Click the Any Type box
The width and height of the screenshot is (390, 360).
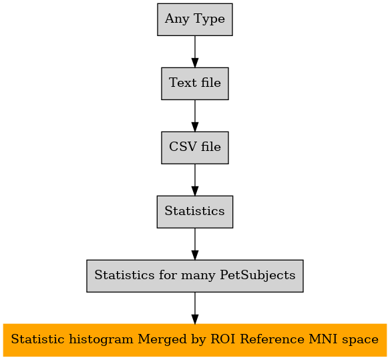click(195, 19)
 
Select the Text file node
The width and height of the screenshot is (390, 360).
click(195, 83)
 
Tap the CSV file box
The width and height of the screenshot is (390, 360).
click(195, 148)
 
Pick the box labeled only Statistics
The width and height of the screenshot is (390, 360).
click(195, 212)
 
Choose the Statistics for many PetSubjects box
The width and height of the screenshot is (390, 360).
click(195, 276)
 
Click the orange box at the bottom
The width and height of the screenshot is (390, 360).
click(195, 340)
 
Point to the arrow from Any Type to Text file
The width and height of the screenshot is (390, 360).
click(195, 51)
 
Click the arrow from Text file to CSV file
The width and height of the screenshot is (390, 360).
click(195, 116)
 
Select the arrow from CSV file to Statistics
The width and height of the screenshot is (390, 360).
click(195, 180)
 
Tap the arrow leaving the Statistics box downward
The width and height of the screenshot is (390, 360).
click(195, 244)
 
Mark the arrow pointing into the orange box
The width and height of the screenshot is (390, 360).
click(195, 309)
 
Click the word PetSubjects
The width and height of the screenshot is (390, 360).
click(258, 276)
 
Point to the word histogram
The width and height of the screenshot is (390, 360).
click(101, 340)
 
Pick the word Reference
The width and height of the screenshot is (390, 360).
click(272, 339)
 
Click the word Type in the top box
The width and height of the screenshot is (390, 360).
click(209, 19)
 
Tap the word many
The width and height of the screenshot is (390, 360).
click(198, 277)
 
